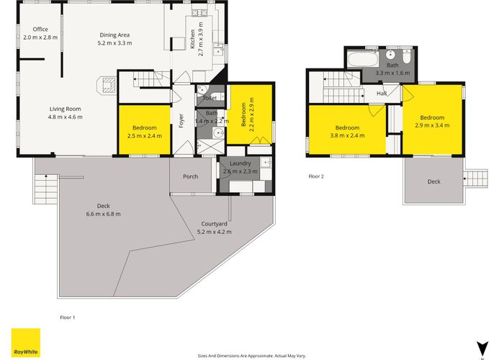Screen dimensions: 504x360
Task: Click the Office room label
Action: click(40, 30)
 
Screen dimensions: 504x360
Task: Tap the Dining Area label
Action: click(114, 35)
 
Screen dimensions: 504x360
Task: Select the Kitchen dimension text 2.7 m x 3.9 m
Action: click(201, 39)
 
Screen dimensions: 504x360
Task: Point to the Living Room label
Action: click(66, 109)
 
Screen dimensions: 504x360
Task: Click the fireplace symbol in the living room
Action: click(107, 85)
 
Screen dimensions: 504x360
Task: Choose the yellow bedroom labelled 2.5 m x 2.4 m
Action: click(145, 130)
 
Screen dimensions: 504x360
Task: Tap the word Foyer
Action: click(181, 121)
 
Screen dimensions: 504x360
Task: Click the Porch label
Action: click(190, 176)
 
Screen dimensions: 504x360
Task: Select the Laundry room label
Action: click(240, 163)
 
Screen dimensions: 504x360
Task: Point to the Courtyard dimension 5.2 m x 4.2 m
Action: click(214, 232)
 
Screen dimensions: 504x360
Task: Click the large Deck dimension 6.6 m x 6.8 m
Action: click(104, 214)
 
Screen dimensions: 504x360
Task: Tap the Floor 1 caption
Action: click(68, 318)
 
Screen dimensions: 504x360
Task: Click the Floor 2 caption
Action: click(316, 176)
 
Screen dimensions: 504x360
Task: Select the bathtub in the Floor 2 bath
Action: click(363, 59)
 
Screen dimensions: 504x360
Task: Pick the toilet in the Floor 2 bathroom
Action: click(407, 56)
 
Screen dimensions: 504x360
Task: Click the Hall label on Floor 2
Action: click(382, 93)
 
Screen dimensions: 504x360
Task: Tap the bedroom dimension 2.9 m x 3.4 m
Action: click(432, 125)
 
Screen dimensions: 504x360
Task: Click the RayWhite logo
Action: click(26, 343)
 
